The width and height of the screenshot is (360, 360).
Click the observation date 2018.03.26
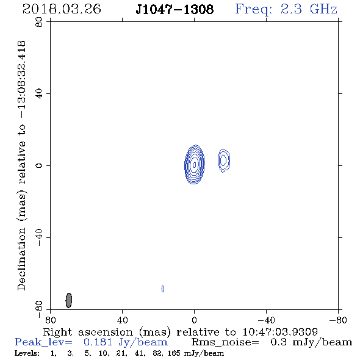pos(62,9)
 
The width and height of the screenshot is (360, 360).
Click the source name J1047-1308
pos(175,9)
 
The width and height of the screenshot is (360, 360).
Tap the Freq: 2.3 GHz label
pos(286,10)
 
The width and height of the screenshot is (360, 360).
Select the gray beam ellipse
pos(69,300)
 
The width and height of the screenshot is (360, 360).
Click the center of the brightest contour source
pos(195,164)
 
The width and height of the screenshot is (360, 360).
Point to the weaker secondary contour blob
pos(223,160)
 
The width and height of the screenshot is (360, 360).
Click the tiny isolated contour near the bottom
pos(163,289)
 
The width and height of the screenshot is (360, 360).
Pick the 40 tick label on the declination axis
pos(39,94)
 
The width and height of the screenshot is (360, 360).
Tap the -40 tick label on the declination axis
pos(39,237)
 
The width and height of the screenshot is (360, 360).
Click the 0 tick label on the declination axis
pos(39,165)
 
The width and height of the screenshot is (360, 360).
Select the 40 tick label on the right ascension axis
pos(122,320)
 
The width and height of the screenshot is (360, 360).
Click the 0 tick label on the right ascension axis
pos(194,320)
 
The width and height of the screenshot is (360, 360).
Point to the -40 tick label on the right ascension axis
pos(266,320)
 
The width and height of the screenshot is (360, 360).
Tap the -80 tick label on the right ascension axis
pos(338,320)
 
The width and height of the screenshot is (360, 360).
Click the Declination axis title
pos(21,165)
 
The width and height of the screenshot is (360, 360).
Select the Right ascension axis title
pos(181,332)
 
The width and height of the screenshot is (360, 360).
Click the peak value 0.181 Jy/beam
pos(125,342)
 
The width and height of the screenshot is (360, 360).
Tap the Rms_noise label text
pos(225,342)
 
